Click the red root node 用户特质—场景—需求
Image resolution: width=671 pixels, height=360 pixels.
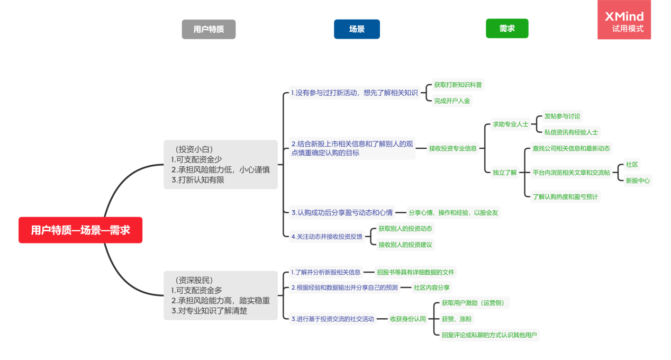coord(80,230)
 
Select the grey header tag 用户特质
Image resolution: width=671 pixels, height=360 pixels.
coord(208,29)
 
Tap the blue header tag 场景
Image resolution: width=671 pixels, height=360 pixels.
coord(357,29)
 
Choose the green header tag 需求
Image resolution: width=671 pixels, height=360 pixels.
coord(507,29)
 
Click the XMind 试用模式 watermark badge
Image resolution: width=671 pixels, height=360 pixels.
coord(624,20)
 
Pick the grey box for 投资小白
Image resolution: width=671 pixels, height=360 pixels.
coord(221,165)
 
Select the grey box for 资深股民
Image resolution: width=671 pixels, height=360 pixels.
coord(221,295)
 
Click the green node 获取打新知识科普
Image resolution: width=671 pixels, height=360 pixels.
coord(458,85)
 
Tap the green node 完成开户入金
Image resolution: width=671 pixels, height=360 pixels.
coord(452,101)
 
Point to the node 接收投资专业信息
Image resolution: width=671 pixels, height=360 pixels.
coord(452,148)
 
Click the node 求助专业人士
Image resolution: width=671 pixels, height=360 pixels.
coord(511,124)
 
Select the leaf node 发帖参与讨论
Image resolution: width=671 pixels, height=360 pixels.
coord(563,116)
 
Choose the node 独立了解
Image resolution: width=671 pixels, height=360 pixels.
coord(504,172)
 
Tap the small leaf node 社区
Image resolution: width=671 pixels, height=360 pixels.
coord(632,165)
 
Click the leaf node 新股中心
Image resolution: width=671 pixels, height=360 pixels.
coord(638,181)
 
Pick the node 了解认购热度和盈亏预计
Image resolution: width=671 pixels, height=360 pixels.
coord(565,197)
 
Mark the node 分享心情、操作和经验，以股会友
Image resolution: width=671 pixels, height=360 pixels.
coord(454,213)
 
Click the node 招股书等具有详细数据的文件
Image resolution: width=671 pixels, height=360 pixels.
coord(415,272)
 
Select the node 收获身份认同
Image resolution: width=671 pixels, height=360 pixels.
coord(408,319)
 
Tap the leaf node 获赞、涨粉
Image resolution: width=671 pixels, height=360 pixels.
coord(457,319)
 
